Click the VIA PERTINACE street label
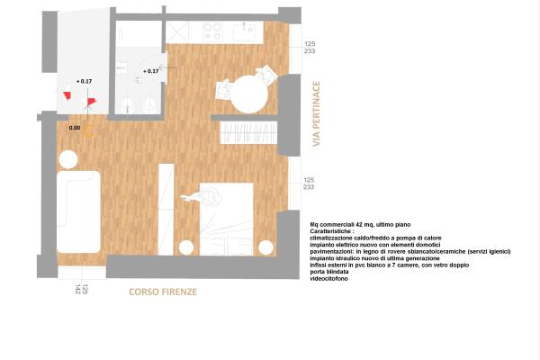point(316,113)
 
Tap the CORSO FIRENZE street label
point(163,292)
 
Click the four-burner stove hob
point(212,32)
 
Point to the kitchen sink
point(246,32)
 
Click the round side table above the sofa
point(68,158)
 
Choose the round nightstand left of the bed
point(185,247)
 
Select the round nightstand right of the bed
point(265,247)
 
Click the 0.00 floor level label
point(75,129)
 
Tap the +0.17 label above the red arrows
point(84,82)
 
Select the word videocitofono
point(329,278)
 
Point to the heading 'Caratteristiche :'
point(333,230)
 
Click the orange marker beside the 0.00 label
point(89,126)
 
